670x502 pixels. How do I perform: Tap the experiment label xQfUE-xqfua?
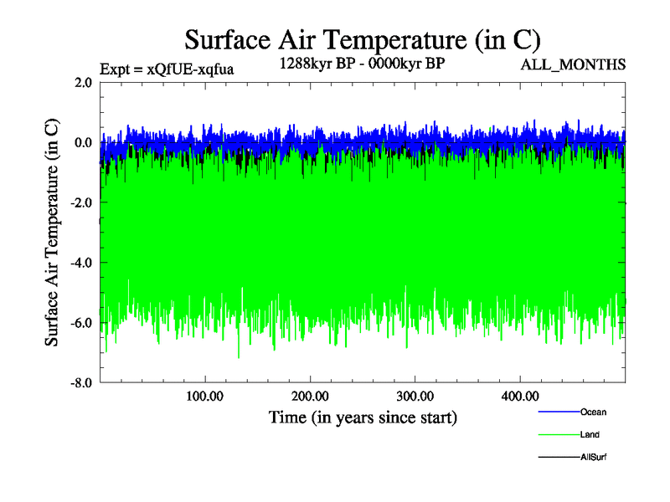(166, 69)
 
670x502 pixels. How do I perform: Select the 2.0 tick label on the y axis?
(83, 82)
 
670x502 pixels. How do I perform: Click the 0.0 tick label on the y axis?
(83, 142)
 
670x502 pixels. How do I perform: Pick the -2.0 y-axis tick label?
(80, 202)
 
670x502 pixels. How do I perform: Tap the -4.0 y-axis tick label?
(80, 263)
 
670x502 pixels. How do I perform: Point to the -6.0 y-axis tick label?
(80, 323)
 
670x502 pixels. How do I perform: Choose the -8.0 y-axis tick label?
(80, 383)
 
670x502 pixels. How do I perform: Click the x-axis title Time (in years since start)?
(363, 417)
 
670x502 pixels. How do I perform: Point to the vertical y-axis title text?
(52, 233)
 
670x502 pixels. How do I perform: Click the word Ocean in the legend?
(593, 412)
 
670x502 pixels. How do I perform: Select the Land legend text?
(590, 435)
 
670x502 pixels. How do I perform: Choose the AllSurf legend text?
(593, 458)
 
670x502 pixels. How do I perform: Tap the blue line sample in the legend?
(558, 412)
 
